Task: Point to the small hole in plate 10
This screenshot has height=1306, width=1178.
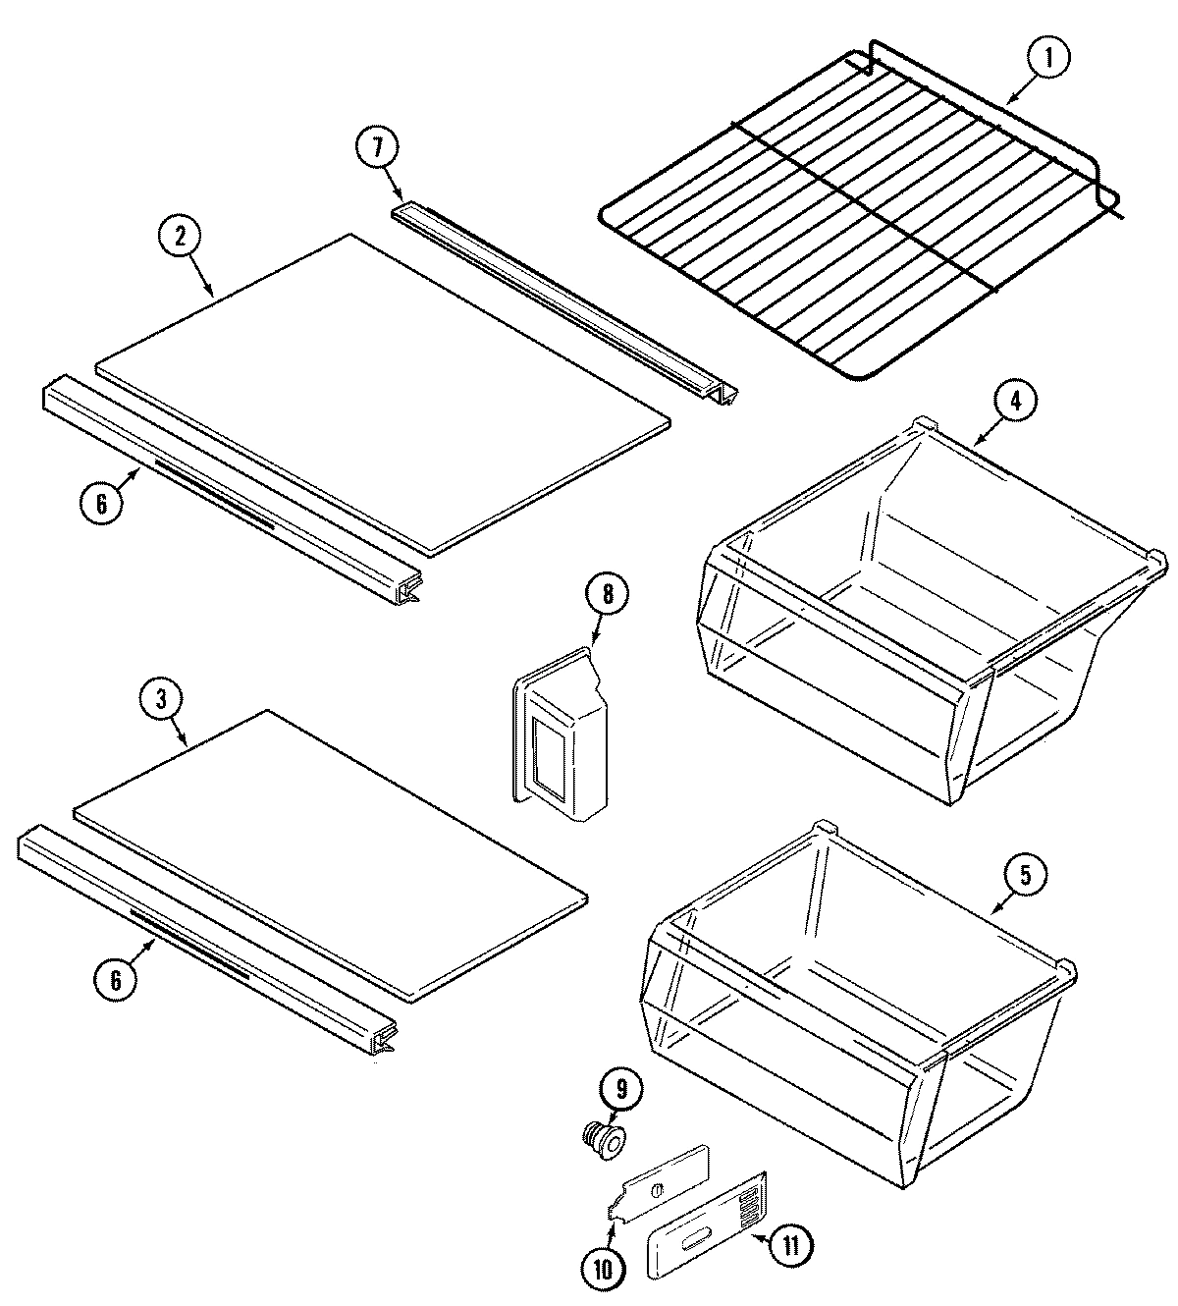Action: pyautogui.click(x=657, y=1190)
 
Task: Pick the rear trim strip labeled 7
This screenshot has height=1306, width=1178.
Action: pyautogui.click(x=564, y=299)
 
